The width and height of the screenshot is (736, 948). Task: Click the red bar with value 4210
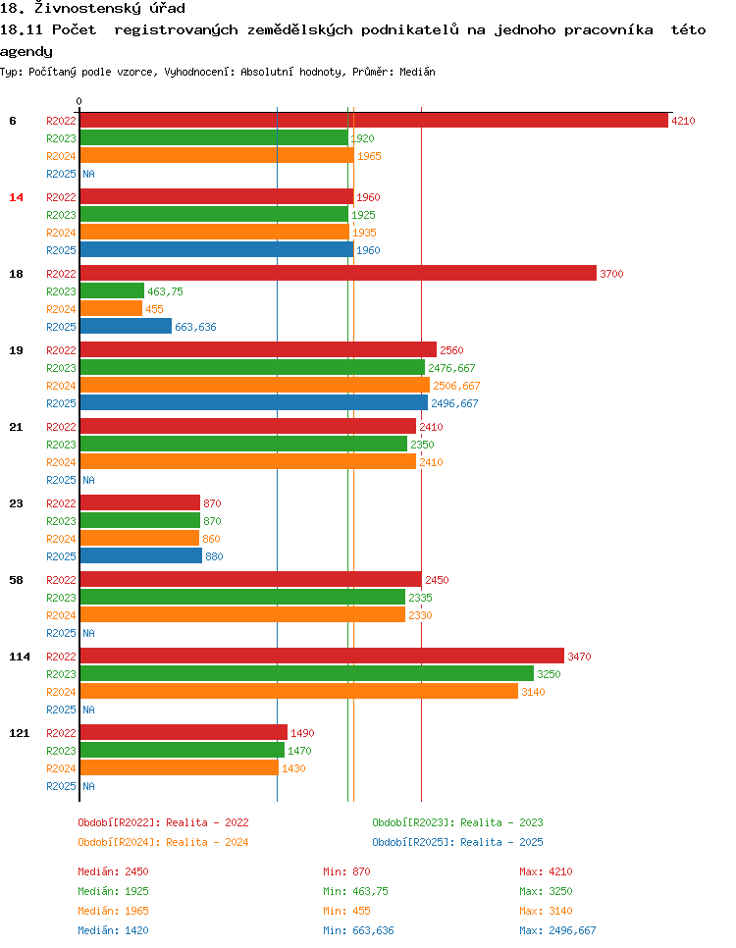coord(373,121)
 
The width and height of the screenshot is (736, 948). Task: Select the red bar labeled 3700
coord(338,274)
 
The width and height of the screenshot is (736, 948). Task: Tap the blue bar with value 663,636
coord(126,327)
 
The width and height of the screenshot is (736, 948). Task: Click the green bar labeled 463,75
coord(112,291)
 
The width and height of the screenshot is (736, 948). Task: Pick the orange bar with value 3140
coord(298,692)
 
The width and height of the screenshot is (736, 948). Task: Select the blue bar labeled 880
coord(140,556)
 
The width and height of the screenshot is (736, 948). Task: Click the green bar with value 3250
coord(306,674)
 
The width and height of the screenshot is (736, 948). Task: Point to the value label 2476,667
coord(451,368)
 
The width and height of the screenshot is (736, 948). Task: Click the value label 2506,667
coord(456,386)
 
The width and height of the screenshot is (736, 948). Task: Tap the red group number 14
coord(16,197)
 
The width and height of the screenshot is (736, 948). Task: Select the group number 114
coord(20,657)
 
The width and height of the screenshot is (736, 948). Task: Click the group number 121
coord(20,733)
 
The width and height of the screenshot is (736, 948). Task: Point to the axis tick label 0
coord(79,101)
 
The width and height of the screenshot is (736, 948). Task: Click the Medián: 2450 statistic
coord(113,871)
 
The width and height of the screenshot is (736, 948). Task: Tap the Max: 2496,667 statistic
coord(557,930)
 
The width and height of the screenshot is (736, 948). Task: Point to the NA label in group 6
coord(88,174)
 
